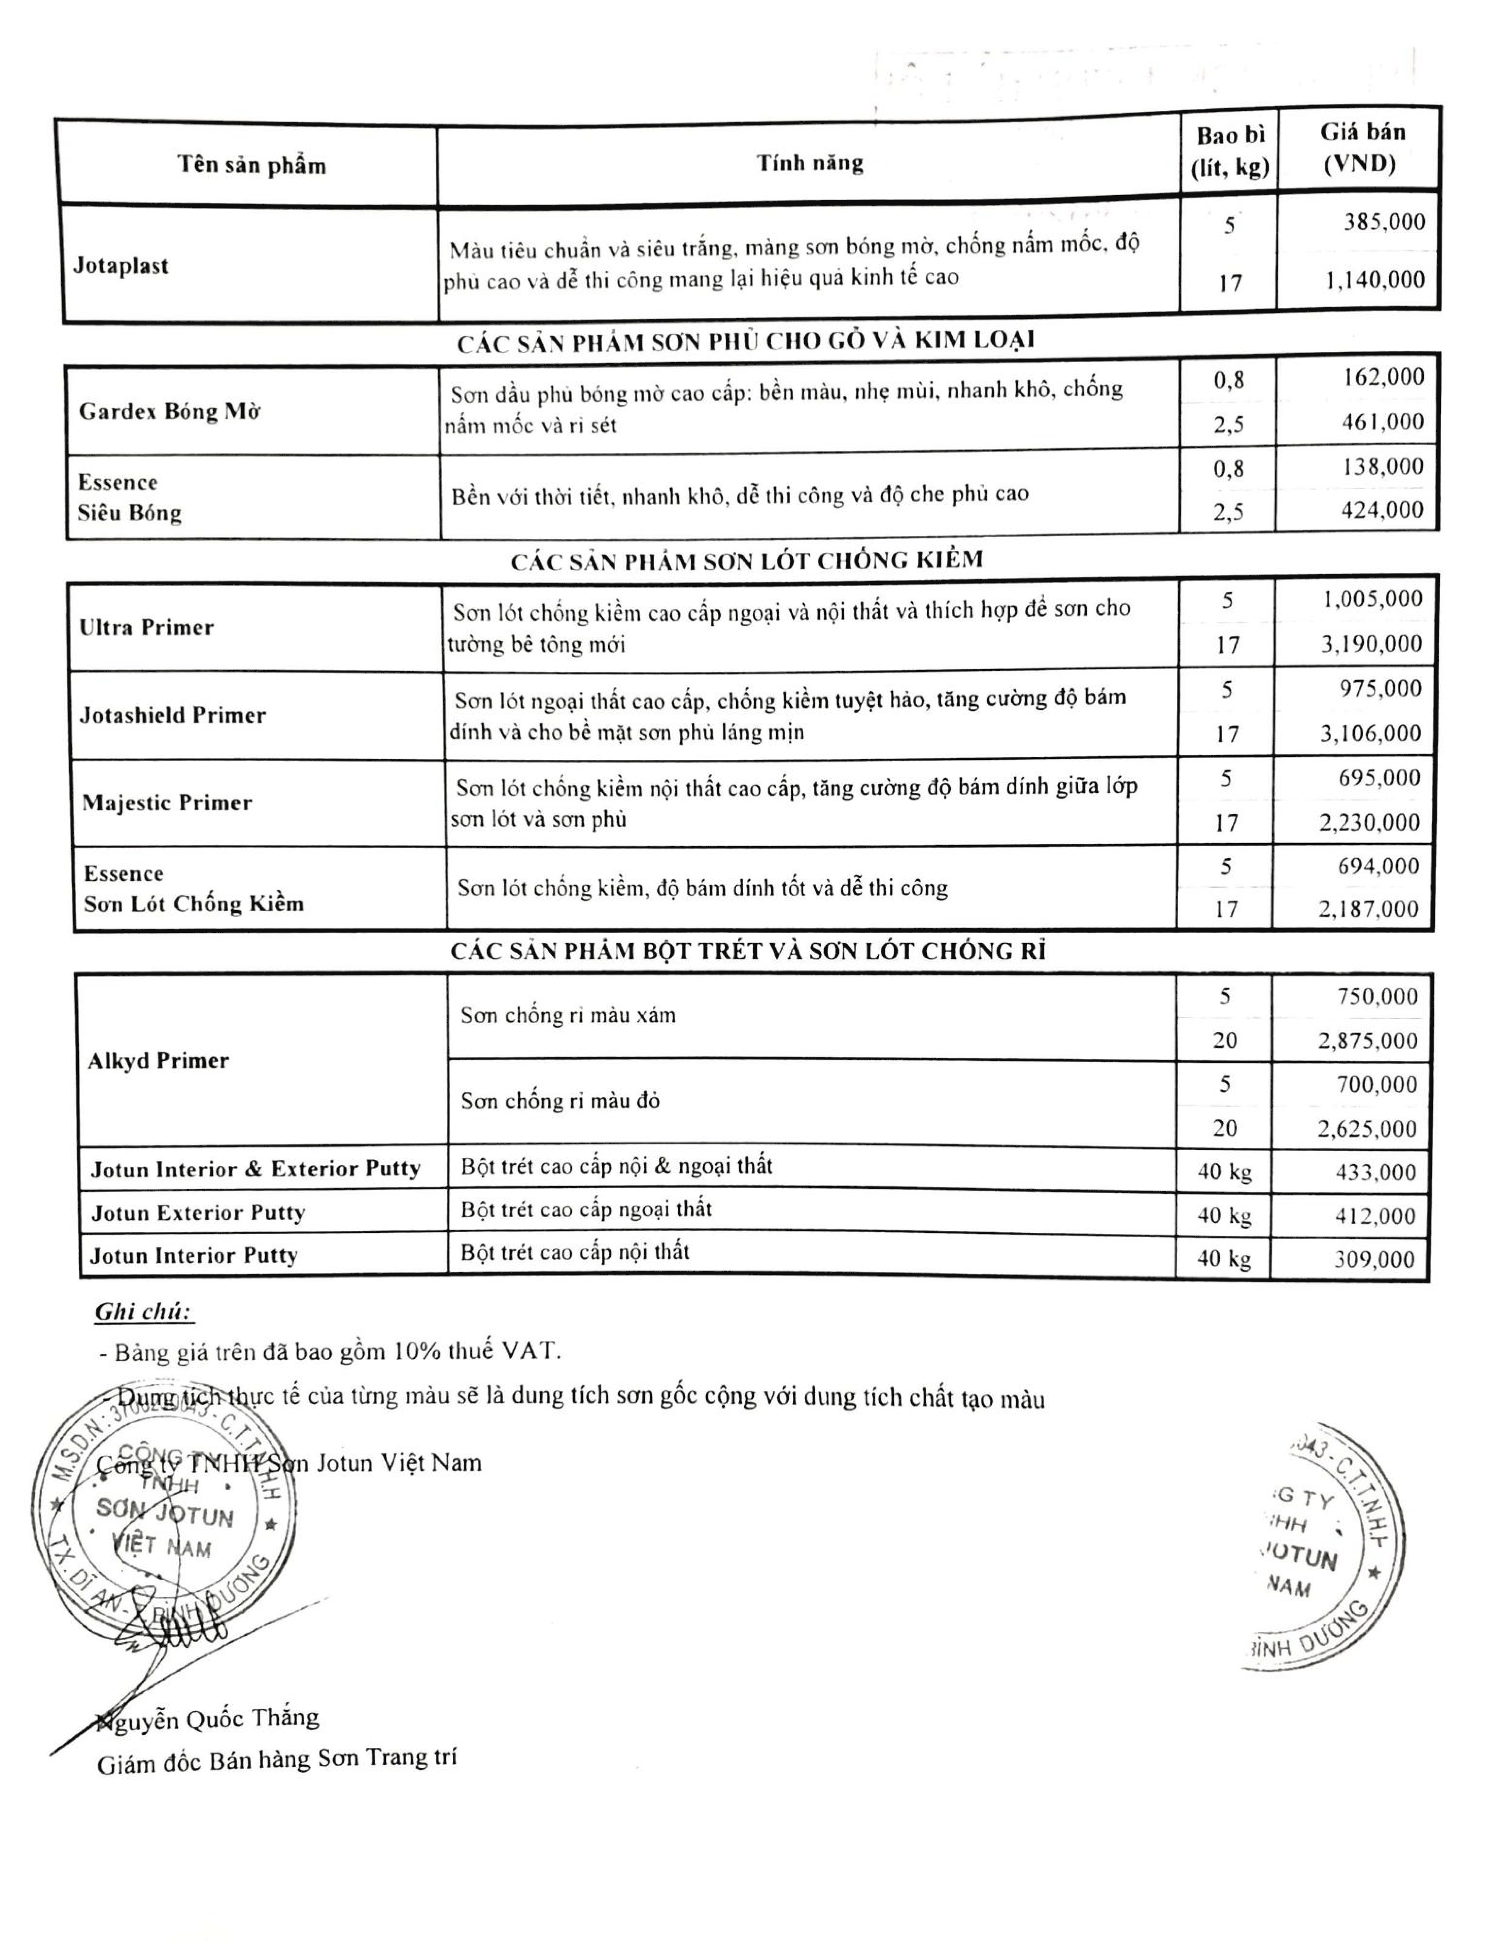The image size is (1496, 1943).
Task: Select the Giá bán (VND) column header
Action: (x=1362, y=149)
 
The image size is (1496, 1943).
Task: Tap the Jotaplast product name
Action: (x=121, y=266)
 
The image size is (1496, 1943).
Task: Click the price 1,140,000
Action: (x=1374, y=280)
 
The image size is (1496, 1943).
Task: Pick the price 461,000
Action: (x=1383, y=422)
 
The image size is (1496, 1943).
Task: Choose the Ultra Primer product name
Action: (x=147, y=628)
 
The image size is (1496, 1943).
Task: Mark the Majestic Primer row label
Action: (x=167, y=803)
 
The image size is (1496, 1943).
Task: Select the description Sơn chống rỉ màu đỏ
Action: (x=560, y=1102)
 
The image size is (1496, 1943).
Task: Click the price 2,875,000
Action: (x=1368, y=1041)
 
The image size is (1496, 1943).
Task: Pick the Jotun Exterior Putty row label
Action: (x=198, y=1213)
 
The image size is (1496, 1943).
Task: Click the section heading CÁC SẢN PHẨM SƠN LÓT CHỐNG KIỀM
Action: (x=747, y=560)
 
